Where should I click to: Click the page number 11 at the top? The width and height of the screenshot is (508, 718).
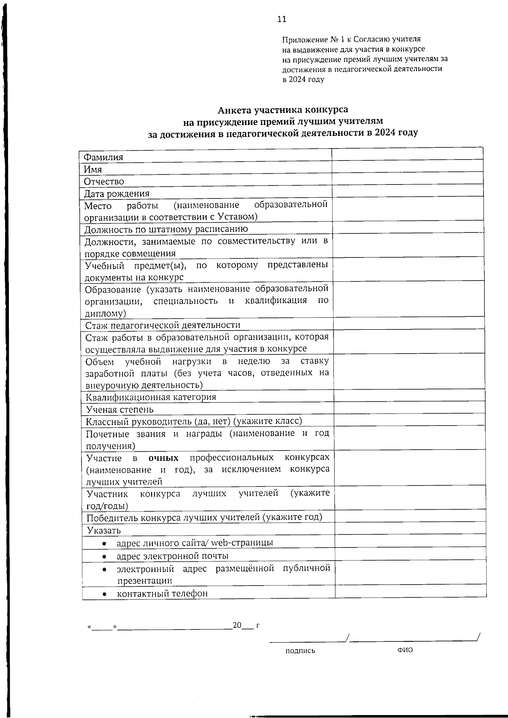click(x=282, y=19)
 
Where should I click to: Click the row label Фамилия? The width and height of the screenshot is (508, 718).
click(x=104, y=157)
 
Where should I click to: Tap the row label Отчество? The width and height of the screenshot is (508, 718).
click(x=104, y=182)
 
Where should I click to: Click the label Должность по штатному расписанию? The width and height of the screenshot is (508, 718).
click(x=166, y=229)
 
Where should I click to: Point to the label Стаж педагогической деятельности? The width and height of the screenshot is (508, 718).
click(x=163, y=325)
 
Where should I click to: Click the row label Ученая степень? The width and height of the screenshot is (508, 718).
click(x=120, y=409)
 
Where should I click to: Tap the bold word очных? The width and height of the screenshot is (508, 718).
click(x=163, y=458)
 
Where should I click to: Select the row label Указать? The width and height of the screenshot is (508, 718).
click(x=104, y=530)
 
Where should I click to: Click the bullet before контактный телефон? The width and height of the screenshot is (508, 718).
click(x=105, y=594)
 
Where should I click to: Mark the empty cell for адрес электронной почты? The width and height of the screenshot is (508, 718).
click(x=410, y=555)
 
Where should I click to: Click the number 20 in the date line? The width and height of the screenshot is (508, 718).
click(x=237, y=625)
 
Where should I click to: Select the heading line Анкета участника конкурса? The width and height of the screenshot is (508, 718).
click(x=283, y=110)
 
